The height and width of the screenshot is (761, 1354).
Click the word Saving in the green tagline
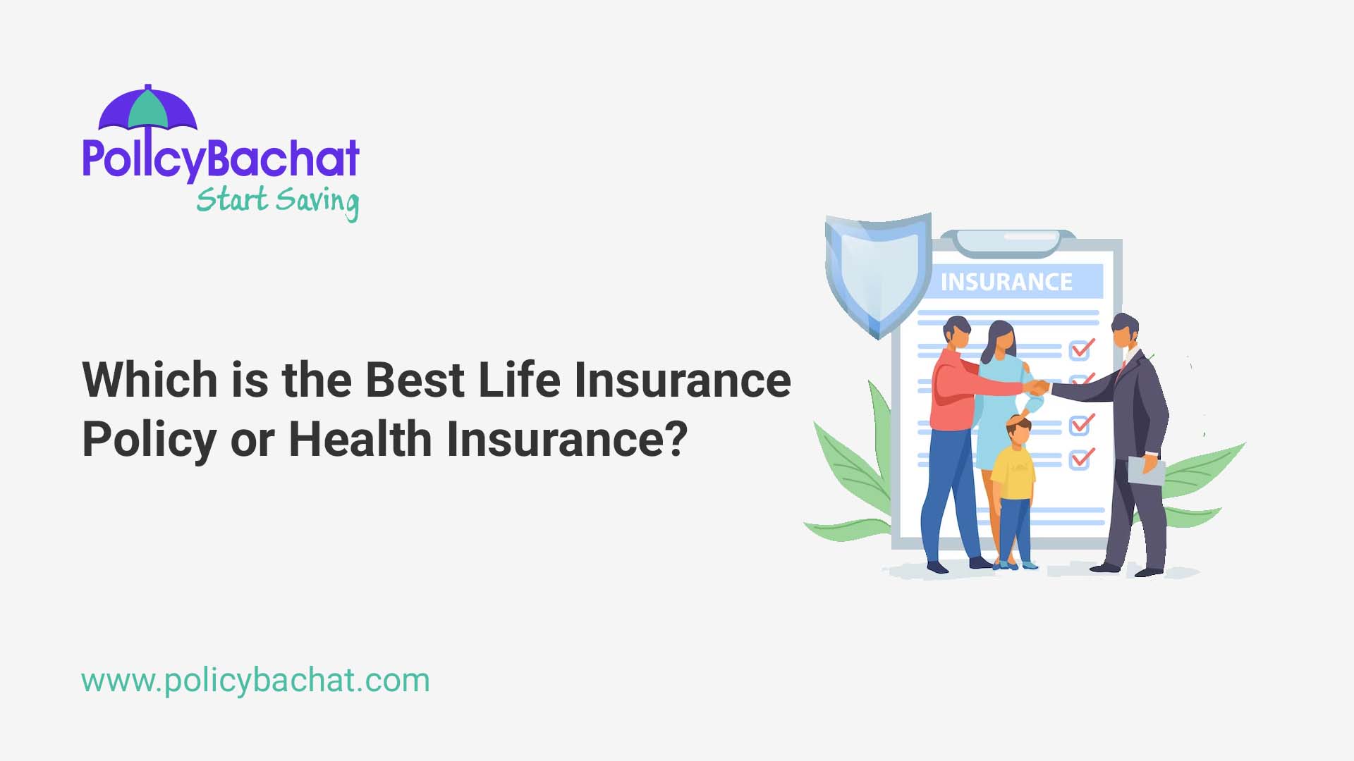(317, 201)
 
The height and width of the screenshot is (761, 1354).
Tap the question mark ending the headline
(676, 439)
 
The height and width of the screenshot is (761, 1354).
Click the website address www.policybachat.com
(255, 681)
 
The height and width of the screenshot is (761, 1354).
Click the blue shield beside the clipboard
(878, 271)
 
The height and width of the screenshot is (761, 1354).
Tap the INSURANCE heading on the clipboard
(1006, 282)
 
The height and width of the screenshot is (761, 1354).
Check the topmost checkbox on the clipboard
(1081, 348)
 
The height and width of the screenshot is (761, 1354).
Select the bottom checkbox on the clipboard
(1080, 459)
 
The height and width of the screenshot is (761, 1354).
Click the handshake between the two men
(1037, 387)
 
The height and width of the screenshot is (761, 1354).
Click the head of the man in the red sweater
(957, 333)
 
